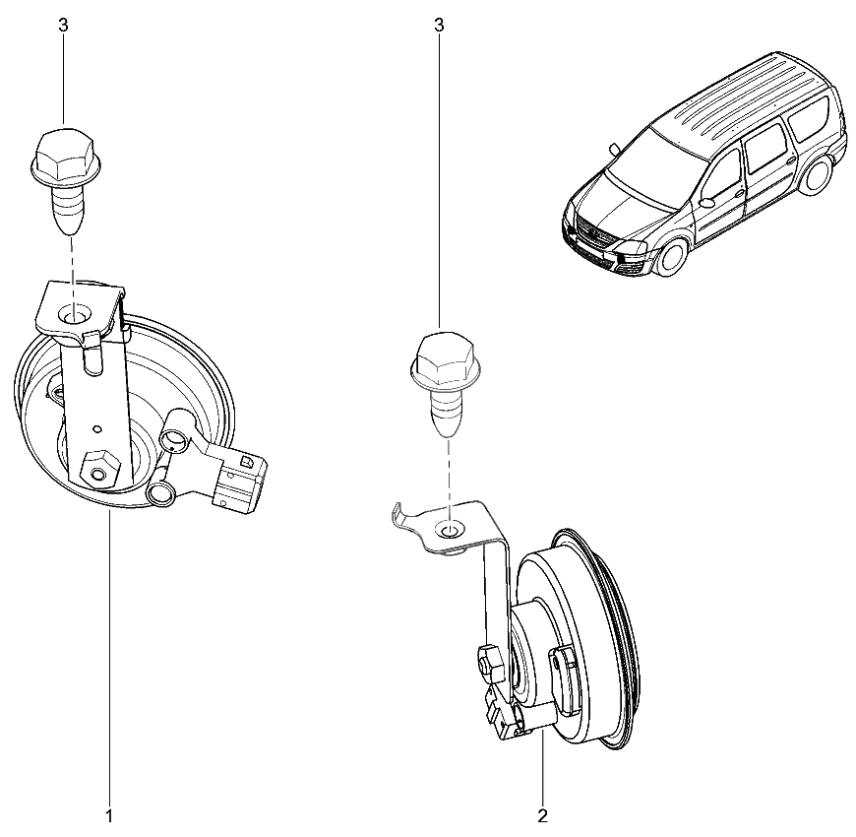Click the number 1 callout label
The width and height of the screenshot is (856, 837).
(x=109, y=814)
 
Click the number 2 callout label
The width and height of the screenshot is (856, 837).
(x=542, y=814)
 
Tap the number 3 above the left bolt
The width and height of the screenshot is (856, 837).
(x=63, y=26)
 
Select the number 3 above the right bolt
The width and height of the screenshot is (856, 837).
(x=439, y=26)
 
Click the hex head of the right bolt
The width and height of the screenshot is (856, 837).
(x=443, y=358)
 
